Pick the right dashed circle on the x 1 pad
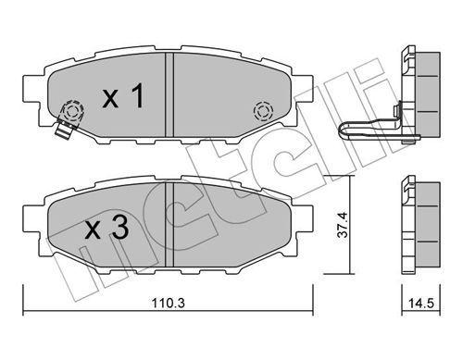[x=262, y=111]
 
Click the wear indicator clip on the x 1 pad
[x=64, y=124]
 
